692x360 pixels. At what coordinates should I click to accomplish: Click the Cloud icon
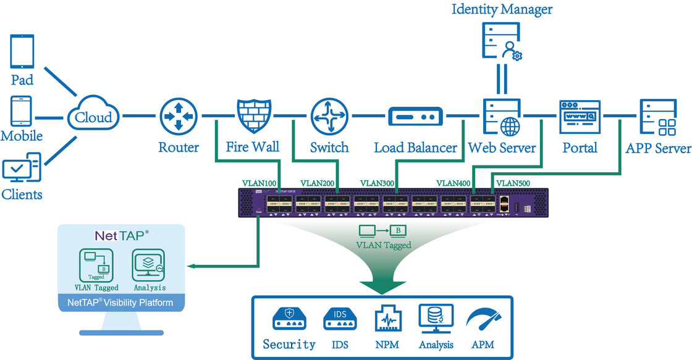(93, 115)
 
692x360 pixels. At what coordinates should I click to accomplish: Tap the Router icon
(178, 115)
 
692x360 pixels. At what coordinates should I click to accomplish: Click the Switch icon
(329, 115)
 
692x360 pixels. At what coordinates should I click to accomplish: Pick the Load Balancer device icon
(415, 116)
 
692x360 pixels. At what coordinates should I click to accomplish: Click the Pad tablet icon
(22, 52)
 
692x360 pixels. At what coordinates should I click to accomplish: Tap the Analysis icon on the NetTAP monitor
(149, 266)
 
